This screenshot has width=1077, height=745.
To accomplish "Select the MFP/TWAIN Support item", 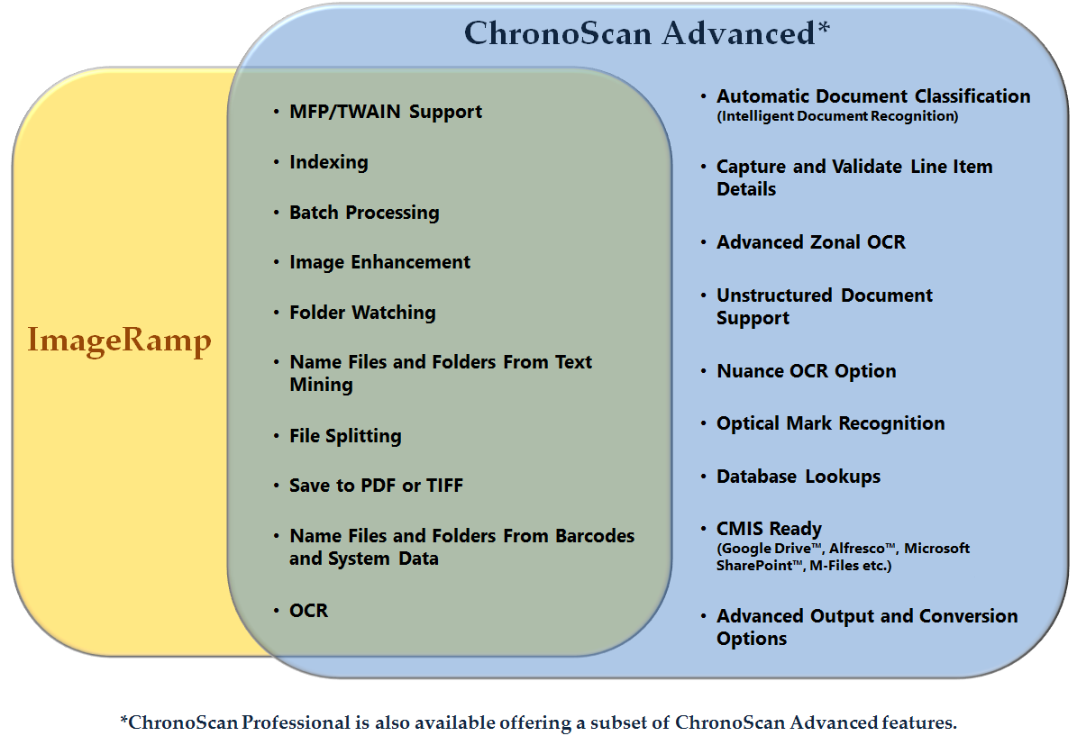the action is coord(386,112).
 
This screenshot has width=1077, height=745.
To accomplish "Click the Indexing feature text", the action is coord(328,163).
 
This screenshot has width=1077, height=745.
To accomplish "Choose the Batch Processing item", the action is coord(364,213).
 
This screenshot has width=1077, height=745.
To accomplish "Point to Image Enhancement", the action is coord(379,262).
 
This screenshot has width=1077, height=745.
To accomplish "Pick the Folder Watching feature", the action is coord(362,313).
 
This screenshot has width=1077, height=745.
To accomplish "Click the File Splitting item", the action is coord(345,436).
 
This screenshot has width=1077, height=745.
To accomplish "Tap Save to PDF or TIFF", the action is coord(377,486).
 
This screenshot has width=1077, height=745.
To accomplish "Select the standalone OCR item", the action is coord(308,611).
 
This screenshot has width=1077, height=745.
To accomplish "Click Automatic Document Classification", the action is coord(873,96).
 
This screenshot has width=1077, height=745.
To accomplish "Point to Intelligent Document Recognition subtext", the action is coord(837,116).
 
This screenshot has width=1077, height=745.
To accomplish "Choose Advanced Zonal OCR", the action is coord(810,242).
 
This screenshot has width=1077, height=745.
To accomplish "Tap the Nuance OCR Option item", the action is coord(807,371).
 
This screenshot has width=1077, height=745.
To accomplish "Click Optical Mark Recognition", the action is coord(830,423).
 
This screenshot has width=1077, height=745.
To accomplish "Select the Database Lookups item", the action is coord(799,477).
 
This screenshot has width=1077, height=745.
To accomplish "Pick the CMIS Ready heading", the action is coord(769,529).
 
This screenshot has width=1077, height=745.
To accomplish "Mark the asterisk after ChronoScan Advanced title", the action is coord(824,27).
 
